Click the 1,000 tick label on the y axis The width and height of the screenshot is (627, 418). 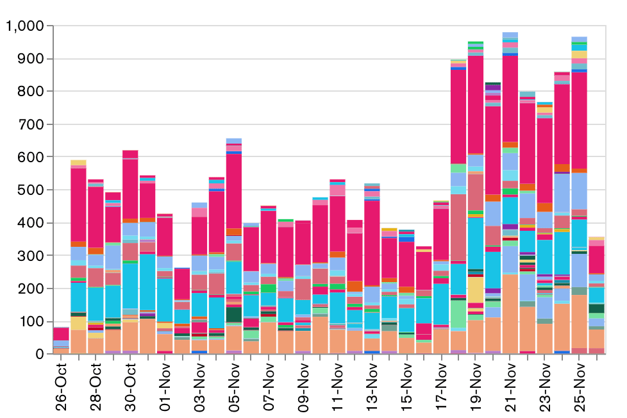coord(24,26)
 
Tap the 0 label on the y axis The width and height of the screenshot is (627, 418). coord(39,354)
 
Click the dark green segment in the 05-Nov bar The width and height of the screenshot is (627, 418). coord(234,315)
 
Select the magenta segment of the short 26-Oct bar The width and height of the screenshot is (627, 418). coord(62,334)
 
